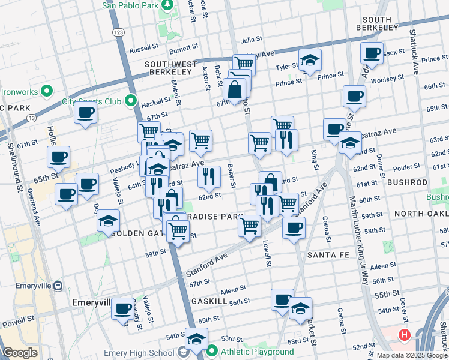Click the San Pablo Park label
(129, 5)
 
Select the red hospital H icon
(405, 335)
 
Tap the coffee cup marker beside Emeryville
(123, 308)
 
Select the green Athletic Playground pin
(211, 352)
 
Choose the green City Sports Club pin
(131, 101)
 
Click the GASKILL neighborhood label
(209, 300)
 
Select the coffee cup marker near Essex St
(372, 53)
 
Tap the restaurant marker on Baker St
(209, 176)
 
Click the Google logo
(20, 353)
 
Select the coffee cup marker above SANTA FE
(294, 227)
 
